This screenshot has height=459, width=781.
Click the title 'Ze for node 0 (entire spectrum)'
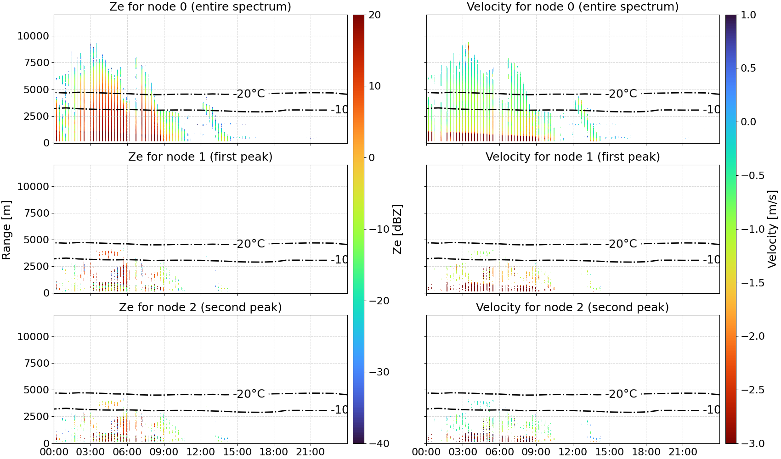(200, 6)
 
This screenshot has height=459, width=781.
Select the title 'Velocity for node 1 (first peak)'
(572, 157)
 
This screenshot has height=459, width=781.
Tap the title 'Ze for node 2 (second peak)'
(200, 307)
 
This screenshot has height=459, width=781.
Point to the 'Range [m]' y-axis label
(6, 229)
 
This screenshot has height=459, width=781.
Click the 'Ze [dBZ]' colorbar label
(397, 229)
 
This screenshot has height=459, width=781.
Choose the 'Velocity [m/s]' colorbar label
(773, 229)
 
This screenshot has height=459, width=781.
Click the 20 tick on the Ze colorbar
(374, 15)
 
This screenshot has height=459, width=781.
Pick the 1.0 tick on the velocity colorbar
(748, 15)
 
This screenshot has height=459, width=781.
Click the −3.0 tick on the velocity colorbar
(753, 443)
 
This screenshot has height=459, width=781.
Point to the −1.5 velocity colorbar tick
(753, 283)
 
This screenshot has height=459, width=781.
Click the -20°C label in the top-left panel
(251, 94)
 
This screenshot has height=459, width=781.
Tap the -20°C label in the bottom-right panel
(623, 394)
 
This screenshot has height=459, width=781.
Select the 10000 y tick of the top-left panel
(33, 36)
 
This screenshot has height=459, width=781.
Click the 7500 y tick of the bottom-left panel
(36, 363)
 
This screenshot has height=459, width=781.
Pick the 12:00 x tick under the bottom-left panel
(200, 452)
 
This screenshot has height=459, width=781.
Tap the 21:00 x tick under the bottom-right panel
(683, 452)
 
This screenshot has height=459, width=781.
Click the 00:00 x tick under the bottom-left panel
(54, 452)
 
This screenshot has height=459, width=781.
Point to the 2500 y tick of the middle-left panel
(36, 266)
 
